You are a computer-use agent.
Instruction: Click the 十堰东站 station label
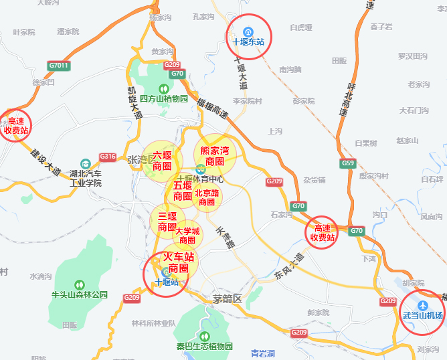(x=248, y=41)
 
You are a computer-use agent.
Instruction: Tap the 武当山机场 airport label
(x=422, y=314)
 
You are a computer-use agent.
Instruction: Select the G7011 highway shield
(x=59, y=66)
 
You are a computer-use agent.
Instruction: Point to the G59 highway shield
(x=347, y=163)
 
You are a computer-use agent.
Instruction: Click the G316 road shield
(x=108, y=157)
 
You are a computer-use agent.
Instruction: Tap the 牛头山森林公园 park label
(x=80, y=294)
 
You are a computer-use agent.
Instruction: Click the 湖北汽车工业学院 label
(x=86, y=178)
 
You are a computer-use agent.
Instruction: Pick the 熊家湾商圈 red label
(x=215, y=156)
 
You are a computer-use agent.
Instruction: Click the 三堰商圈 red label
(x=167, y=221)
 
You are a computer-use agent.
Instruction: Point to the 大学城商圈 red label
(x=187, y=236)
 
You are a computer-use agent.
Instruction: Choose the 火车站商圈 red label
(x=179, y=262)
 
